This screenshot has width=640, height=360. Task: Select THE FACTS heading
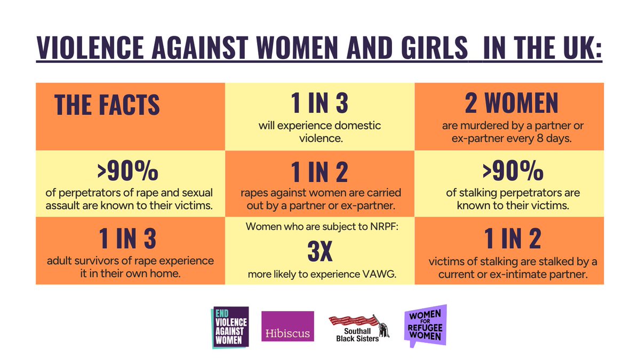click(107, 105)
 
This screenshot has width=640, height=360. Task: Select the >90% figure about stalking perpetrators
click(513, 172)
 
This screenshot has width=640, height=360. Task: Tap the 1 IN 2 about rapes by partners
click(319, 172)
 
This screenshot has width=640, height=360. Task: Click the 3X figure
click(319, 253)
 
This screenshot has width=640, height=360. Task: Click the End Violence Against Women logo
click(230, 327)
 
